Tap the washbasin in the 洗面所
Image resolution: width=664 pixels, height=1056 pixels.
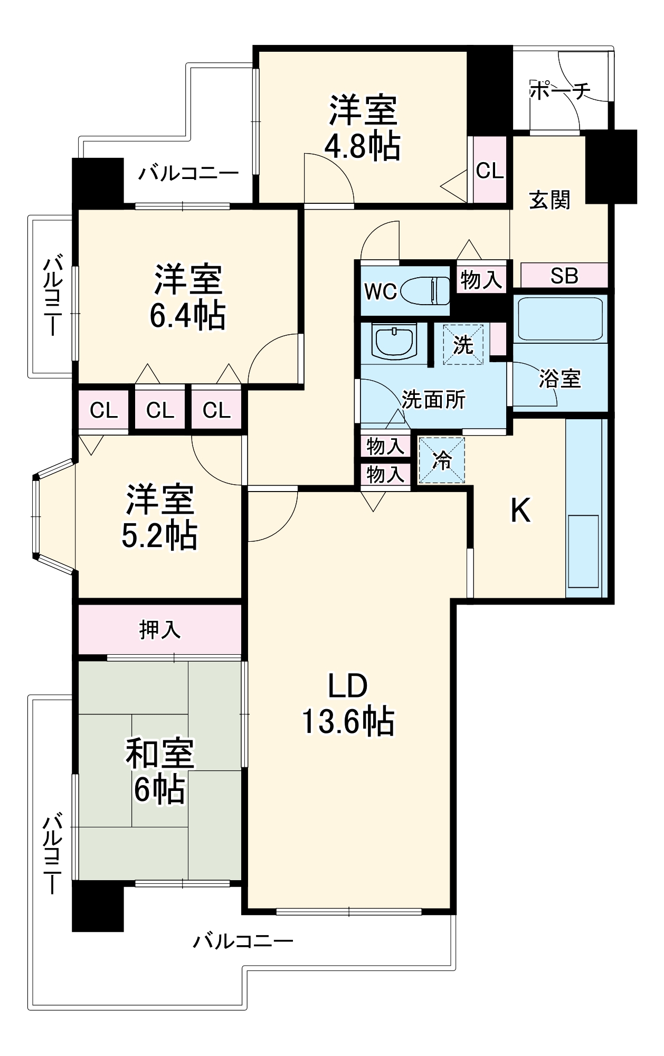pos(393,341)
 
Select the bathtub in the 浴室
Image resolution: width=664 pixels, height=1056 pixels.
pos(560,319)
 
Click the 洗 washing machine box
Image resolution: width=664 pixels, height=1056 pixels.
pos(463,345)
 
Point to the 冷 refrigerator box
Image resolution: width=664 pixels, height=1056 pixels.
pos(442,460)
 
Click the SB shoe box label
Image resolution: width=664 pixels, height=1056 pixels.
pos(564,276)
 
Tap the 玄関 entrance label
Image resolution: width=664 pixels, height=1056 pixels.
pos(549,200)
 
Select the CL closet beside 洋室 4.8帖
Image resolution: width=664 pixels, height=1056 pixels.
pos(489,171)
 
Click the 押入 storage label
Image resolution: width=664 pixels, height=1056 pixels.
pos(159,629)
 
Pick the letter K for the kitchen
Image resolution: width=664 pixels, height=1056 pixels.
pos(520,511)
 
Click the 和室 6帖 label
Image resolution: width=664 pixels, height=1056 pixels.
pos(159,771)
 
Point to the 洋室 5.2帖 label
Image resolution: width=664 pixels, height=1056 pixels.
pos(159,517)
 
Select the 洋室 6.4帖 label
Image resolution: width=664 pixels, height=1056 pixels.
pos(187,297)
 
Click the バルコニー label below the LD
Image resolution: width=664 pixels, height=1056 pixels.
pos(243,941)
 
